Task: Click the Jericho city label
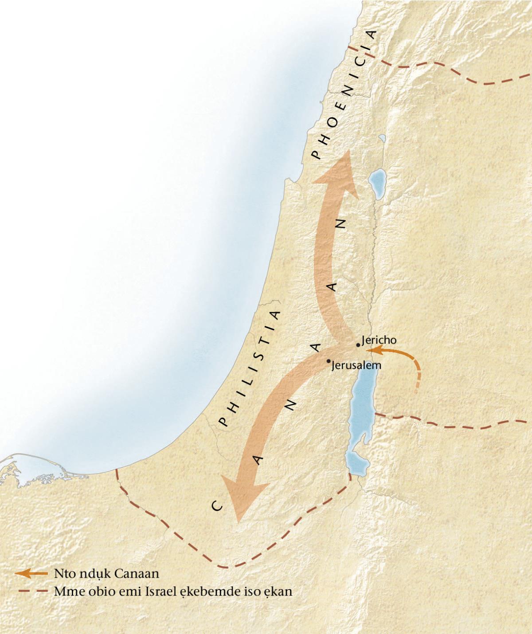(x=379, y=340)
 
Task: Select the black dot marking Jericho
(x=358, y=345)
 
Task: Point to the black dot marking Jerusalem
(x=328, y=361)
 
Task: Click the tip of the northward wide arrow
(x=348, y=151)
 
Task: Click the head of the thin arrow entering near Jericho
(x=368, y=350)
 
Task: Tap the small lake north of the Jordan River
(x=378, y=184)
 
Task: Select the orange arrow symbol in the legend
(x=31, y=573)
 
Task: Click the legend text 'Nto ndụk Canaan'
(x=106, y=574)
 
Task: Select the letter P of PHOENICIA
(x=316, y=155)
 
